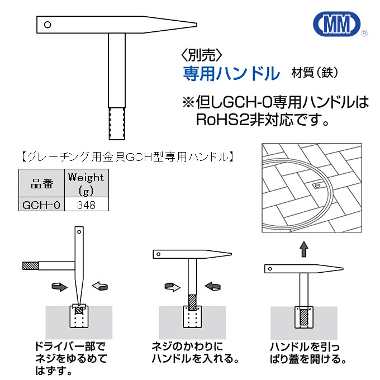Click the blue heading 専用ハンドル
click(x=231, y=73)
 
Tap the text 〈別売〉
click(x=202, y=55)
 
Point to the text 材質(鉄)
click(x=315, y=73)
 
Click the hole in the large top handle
click(x=48, y=25)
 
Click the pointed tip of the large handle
click(x=193, y=25)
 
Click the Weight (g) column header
click(x=85, y=183)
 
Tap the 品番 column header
click(x=41, y=183)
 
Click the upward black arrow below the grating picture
click(x=303, y=249)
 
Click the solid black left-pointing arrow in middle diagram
click(x=214, y=287)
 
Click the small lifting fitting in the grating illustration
click(x=317, y=185)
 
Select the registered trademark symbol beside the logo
click(x=364, y=34)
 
